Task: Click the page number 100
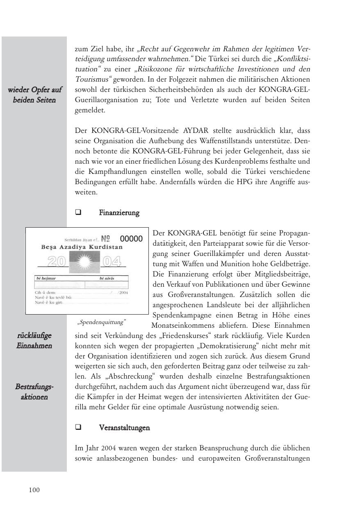(34, 490)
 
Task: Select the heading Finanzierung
(119, 213)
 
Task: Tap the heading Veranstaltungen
(124, 428)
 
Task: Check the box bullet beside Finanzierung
(78, 213)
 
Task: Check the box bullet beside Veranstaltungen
(78, 428)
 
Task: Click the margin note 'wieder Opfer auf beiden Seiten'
(34, 95)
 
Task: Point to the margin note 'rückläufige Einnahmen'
(34, 340)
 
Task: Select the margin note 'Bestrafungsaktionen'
(34, 392)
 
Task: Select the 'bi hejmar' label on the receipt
(46, 278)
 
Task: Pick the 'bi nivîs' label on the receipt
(107, 278)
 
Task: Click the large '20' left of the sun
(57, 261)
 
